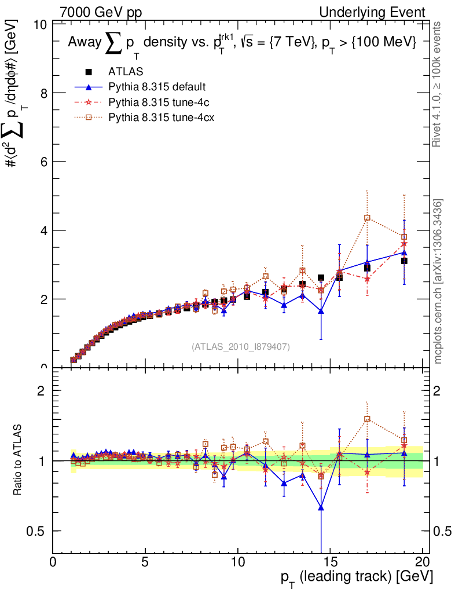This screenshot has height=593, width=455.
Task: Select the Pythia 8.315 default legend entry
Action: click(157, 87)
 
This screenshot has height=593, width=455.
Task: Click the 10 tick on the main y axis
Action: click(41, 25)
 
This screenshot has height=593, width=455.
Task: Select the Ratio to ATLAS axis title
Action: click(18, 461)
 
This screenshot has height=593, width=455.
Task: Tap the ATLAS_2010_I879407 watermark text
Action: click(241, 347)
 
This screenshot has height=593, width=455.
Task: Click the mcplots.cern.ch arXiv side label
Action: click(439, 281)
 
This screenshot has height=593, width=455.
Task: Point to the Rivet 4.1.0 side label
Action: click(439, 84)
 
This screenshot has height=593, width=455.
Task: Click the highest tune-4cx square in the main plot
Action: click(367, 218)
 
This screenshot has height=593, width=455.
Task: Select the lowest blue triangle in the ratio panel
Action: click(321, 508)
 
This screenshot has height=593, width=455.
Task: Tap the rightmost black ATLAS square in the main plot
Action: click(404, 261)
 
